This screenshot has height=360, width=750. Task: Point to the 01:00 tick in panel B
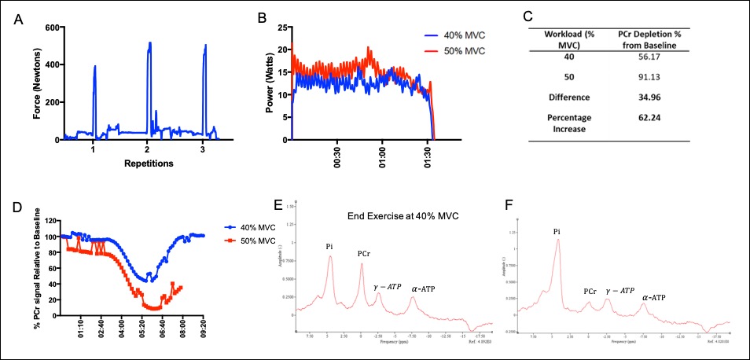coord(381,154)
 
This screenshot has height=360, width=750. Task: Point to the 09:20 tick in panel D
coord(203,327)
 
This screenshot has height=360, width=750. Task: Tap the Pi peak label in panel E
coord(330,247)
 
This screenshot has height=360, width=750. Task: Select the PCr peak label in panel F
coord(589,292)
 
